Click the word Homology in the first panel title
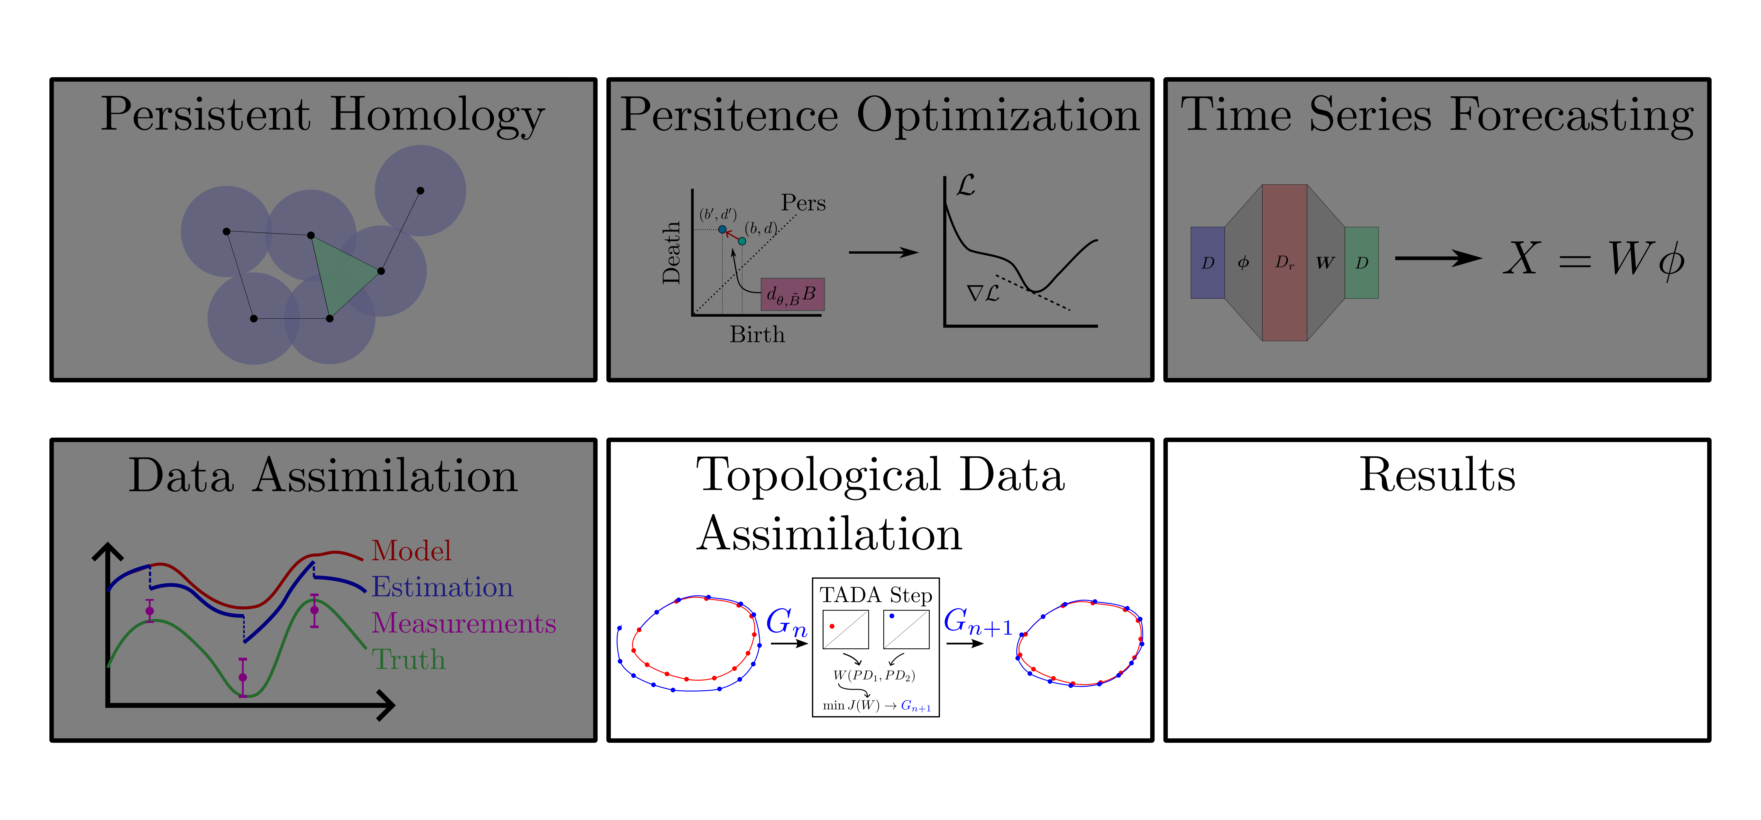pyautogui.click(x=438, y=115)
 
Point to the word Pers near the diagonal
pyautogui.click(x=803, y=203)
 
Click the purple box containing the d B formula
pyautogui.click(x=792, y=294)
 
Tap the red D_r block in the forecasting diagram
pyautogui.click(x=1284, y=263)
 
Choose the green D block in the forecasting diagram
pyautogui.click(x=1361, y=263)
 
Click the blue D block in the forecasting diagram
pyautogui.click(x=1207, y=263)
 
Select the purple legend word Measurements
pyautogui.click(x=464, y=623)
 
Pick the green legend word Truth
pyautogui.click(x=408, y=659)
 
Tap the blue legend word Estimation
pyautogui.click(x=442, y=587)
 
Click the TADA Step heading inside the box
pyautogui.click(x=876, y=595)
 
